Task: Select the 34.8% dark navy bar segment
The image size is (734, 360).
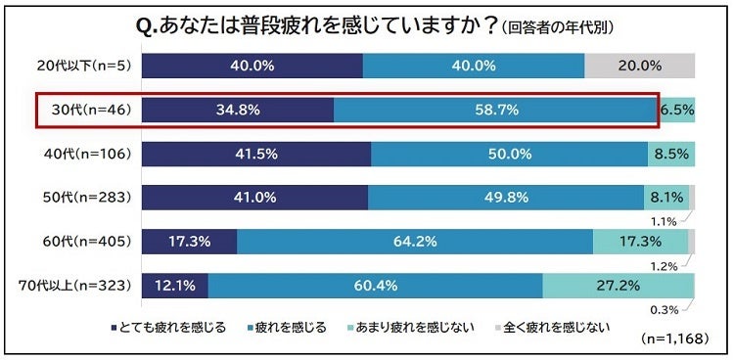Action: pos(238,111)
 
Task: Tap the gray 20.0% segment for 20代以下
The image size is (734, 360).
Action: pos(639,67)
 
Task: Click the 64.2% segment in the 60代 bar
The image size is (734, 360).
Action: pos(416,241)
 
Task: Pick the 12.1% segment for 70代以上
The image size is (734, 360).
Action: pos(174,285)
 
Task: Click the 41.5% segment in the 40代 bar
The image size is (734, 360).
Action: pos(256,154)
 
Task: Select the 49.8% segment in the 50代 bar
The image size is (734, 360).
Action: pos(506,197)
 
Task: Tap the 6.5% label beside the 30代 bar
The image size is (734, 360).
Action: pos(676,111)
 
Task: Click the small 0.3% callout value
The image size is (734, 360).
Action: pos(665,310)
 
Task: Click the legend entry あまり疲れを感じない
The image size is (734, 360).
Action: pos(414,327)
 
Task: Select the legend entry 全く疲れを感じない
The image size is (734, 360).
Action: pos(550,327)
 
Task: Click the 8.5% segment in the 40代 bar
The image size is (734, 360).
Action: pos(670,154)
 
